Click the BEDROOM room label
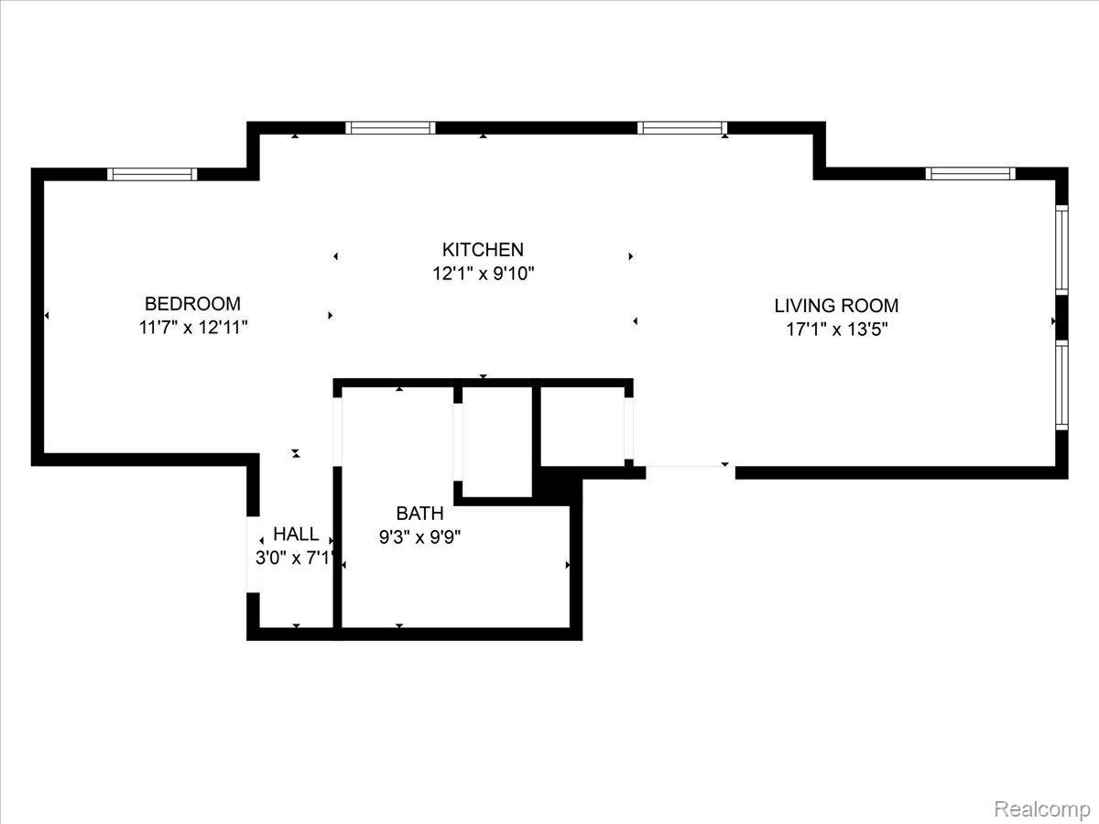192,304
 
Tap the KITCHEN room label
483,249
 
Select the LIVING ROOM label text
836,306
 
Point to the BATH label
419,514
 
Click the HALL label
296,535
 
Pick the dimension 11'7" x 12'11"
193,328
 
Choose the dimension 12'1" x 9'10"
484,274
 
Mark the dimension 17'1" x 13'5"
837,330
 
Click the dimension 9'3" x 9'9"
419,537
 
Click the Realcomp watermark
1042,809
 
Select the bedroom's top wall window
152,174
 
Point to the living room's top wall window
970,174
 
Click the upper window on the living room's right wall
1061,249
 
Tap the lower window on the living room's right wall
1061,385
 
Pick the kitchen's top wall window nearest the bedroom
390,127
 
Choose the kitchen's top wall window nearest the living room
682,127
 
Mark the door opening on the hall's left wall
254,554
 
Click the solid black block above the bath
556,484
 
